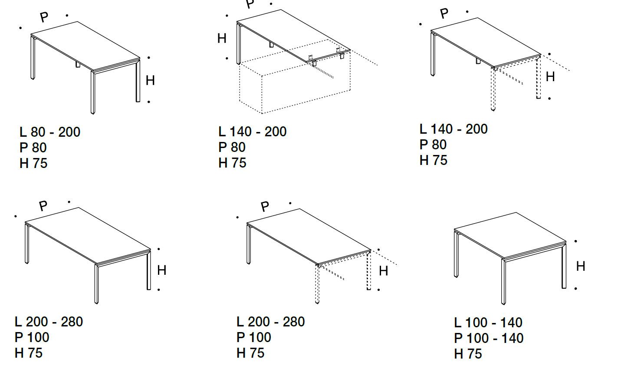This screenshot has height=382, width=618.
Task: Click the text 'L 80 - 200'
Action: coord(50,132)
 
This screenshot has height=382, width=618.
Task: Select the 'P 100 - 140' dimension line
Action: coord(489,338)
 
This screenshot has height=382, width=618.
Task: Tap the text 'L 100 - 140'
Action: coord(488,323)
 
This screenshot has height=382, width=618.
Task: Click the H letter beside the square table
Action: coord(581,266)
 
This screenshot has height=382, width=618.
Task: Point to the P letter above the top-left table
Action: coord(44,17)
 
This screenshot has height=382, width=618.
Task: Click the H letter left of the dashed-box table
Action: coord(222,38)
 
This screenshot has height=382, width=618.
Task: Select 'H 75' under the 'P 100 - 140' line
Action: coord(468,354)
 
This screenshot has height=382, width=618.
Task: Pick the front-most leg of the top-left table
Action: coord(93,93)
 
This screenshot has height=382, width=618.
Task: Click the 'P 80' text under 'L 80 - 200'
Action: coord(33,148)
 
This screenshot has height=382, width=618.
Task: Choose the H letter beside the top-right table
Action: coord(550,76)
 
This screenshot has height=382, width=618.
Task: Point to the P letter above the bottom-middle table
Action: coord(265,207)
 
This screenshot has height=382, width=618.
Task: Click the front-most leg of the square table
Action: coord(503,282)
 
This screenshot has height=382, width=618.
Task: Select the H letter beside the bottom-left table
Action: coord(162,270)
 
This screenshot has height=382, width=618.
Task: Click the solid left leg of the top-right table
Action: coord(433,54)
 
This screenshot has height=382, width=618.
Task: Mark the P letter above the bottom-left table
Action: coord(43,206)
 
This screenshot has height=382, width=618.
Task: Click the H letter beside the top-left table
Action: coord(150,81)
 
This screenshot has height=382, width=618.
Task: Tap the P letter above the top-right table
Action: coord(444,13)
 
